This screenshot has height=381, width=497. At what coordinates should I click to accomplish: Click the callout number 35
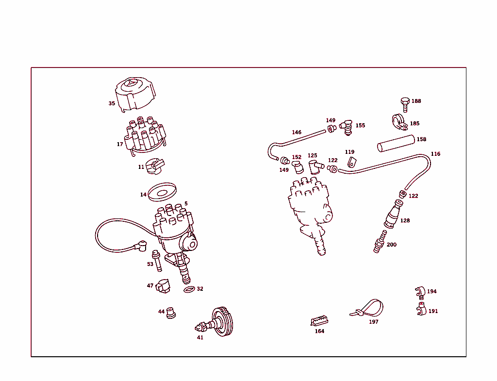tap(112, 103)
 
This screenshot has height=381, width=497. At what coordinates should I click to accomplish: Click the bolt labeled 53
tap(157, 261)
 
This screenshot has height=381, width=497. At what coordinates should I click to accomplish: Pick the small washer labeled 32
tap(189, 290)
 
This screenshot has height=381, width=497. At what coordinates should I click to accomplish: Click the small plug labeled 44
tap(170, 313)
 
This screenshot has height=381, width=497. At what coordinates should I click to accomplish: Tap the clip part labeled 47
tap(163, 286)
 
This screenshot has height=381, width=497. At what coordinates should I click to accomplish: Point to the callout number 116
tap(435, 154)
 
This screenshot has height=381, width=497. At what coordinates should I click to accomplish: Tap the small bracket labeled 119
tap(352, 162)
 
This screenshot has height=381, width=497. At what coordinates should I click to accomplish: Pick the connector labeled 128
tap(392, 216)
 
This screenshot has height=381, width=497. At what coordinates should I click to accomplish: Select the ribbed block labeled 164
tap(319, 321)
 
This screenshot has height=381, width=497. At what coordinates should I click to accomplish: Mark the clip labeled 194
tap(420, 291)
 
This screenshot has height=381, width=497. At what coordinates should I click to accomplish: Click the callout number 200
tap(391, 245)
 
